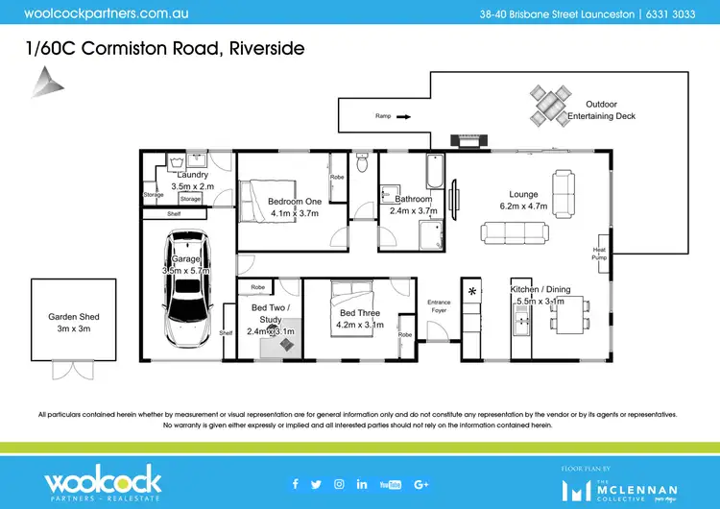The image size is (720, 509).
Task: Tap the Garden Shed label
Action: coord(74,323)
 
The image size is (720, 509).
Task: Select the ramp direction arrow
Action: coord(403,117)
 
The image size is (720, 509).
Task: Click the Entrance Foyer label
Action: coord(439,306)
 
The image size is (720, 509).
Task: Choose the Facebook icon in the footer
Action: coord(295,483)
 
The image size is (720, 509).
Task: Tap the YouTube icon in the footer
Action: coord(390,483)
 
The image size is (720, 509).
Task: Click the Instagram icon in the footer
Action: coord(339,483)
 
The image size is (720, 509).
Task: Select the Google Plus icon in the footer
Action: coord(420,483)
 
